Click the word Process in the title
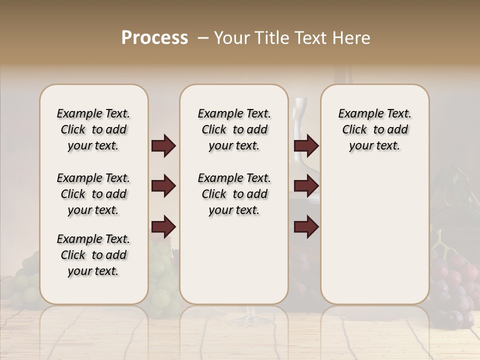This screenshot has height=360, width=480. click(x=154, y=37)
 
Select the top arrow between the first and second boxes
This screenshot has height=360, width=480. click(x=163, y=146)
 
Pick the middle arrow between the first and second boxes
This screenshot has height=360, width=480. click(x=163, y=186)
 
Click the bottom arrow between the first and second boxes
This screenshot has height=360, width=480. click(x=163, y=227)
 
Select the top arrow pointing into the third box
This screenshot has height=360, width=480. click(x=306, y=146)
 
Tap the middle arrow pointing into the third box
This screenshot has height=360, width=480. click(x=306, y=186)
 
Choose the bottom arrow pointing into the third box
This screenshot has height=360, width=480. click(x=306, y=227)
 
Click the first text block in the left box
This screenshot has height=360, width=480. click(x=93, y=129)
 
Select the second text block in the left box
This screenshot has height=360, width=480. click(x=93, y=194)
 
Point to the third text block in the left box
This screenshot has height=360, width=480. click(x=93, y=255)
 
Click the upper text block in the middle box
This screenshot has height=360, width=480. click(x=234, y=129)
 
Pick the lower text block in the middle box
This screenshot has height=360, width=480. click(x=234, y=194)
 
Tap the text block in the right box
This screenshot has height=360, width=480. click(x=374, y=129)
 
